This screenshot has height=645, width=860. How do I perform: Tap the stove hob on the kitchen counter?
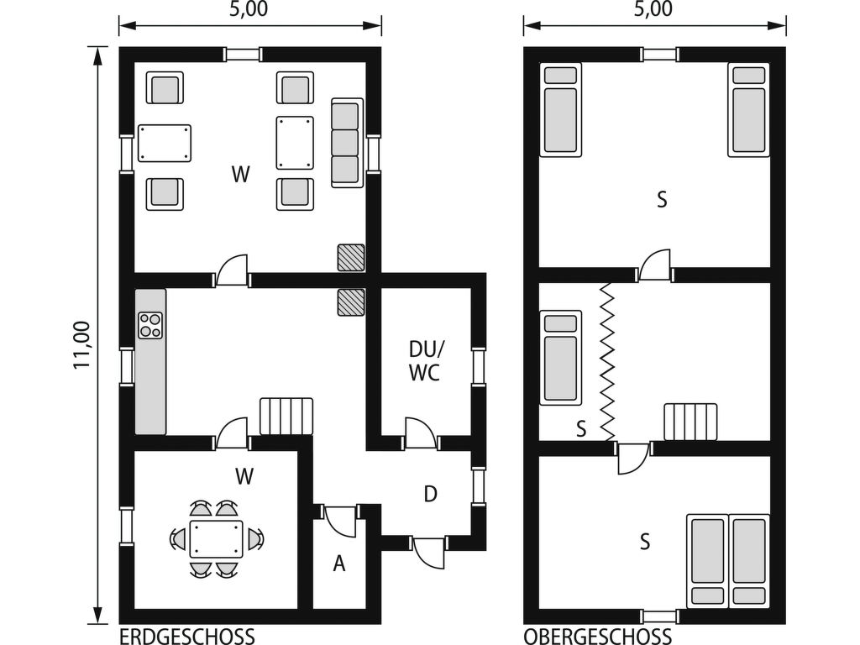[150, 325]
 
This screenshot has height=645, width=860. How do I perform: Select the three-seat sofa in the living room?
[347, 143]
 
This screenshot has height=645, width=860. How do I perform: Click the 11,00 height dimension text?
[81, 345]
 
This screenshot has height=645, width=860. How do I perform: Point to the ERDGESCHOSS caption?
[187, 637]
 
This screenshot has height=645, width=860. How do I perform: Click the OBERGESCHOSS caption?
[597, 637]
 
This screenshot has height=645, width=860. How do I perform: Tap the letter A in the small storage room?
[339, 564]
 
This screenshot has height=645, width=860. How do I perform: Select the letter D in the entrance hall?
[431, 494]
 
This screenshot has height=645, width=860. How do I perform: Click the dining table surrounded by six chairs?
[216, 539]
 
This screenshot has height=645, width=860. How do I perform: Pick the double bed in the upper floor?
[728, 560]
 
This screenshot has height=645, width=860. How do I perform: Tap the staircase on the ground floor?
[286, 417]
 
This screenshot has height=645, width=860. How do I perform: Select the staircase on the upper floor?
[690, 422]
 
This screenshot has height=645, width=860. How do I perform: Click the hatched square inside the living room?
[351, 257]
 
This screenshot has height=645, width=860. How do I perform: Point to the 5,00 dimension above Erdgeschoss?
[249, 10]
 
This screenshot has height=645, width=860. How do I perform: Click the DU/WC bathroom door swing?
[421, 432]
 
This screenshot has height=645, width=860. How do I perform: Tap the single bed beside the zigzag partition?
[560, 358]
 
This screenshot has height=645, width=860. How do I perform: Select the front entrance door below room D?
[429, 554]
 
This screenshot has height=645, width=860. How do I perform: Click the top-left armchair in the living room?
[165, 87]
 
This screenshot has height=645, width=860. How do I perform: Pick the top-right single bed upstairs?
[748, 110]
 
